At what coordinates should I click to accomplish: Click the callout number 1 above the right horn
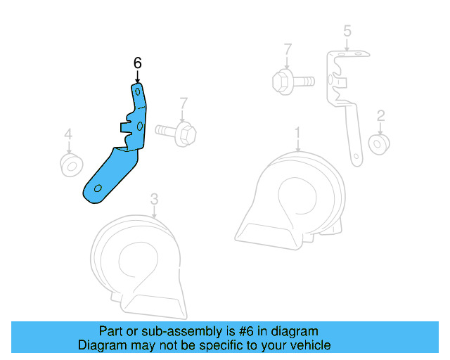297,132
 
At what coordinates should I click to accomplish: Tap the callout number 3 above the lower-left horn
155,199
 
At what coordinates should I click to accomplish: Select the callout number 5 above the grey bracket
347,31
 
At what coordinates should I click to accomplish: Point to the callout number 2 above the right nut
380,115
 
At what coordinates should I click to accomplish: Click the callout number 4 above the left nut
68,134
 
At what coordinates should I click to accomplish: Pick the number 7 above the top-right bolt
288,49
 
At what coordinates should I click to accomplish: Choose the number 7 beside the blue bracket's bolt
183,103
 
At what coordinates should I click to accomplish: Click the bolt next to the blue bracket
176,131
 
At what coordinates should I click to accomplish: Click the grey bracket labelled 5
345,98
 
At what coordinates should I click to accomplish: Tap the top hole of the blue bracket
137,91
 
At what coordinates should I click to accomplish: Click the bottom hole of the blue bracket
98,188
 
